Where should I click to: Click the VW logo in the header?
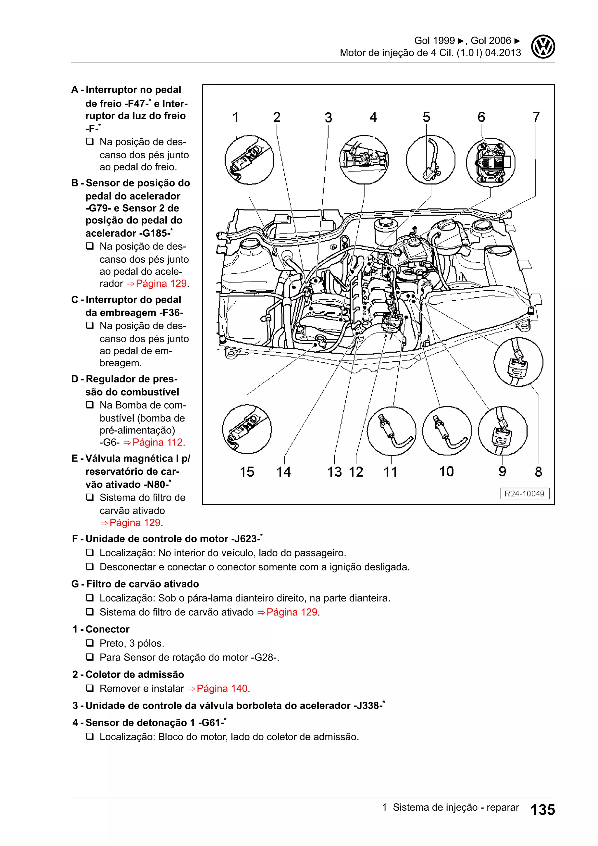pos(543,47)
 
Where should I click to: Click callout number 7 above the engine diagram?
pos(536,117)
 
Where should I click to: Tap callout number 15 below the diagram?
pos(247,472)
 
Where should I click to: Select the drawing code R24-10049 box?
pos(524,494)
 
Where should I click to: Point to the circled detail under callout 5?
pos(430,160)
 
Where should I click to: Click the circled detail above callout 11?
pos(392,431)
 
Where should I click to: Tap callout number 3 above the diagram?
pos(328,117)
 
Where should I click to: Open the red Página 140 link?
pos(222,688)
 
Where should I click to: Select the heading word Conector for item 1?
pos(107,629)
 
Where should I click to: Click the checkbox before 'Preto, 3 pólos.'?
pos(90,643)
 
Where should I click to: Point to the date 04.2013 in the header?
pos(503,53)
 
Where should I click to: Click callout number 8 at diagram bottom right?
pos(538,472)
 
